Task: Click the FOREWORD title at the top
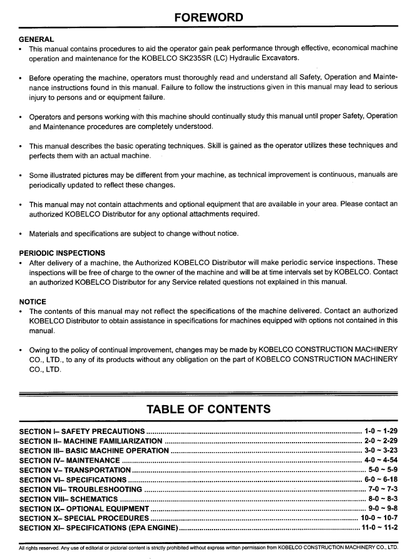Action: click(208, 17)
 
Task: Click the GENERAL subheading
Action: click(36, 39)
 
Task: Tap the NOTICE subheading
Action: click(33, 301)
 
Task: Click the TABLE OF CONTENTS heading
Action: click(208, 410)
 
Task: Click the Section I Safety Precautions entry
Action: click(82, 431)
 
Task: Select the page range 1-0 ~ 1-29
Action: click(381, 431)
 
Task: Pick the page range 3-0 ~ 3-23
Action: click(381, 450)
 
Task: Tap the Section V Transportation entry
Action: click(75, 470)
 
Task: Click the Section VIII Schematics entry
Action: click(69, 499)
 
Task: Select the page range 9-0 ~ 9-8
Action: click(382, 508)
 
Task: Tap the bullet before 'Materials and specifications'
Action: click(22, 234)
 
